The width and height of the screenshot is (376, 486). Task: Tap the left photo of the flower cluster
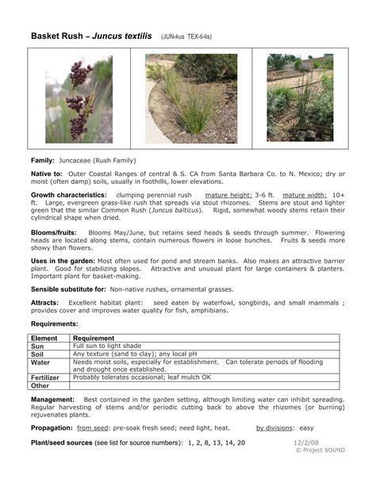(79, 98)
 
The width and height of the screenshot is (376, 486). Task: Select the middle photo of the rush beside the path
(191, 98)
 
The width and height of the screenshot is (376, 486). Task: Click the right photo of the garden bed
(300, 98)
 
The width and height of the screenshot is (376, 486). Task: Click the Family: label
(44, 161)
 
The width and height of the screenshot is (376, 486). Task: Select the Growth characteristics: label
(68, 194)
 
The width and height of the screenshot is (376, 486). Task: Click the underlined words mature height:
(228, 194)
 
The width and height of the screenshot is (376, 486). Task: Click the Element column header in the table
(44, 338)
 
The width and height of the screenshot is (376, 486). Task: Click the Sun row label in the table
(37, 346)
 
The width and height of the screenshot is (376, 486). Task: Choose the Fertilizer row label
(45, 377)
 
